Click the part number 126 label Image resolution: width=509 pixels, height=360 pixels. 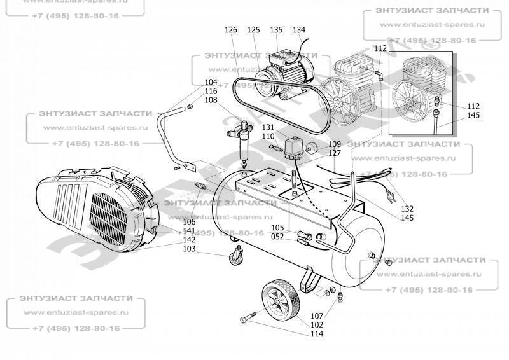click(230, 30)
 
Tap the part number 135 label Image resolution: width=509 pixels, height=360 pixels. click(276, 30)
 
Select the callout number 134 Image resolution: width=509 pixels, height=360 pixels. click(299, 30)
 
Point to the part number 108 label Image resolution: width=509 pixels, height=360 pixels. click(211, 100)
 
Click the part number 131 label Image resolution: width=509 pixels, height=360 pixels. click(268, 128)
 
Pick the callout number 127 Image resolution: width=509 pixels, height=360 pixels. click(335, 153)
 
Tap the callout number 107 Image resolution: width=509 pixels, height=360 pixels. click(317, 316)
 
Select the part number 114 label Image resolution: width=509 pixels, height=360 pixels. click(317, 334)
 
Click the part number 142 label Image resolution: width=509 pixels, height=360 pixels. click(190, 240)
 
